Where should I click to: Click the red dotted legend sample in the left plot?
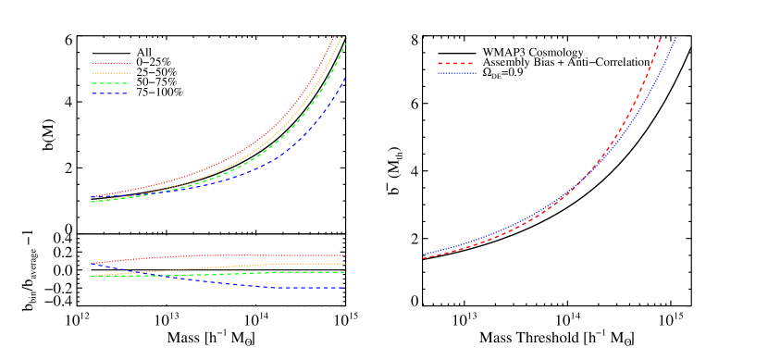(x=111, y=64)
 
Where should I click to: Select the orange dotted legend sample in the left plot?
(x=111, y=73)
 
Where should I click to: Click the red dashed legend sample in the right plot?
(x=456, y=64)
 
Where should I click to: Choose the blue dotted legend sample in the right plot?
(x=456, y=73)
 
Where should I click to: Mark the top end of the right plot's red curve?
(x=660, y=38)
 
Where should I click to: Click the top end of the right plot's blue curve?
(x=676, y=37)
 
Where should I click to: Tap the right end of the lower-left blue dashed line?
(x=344, y=288)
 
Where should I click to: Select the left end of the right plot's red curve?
(x=424, y=258)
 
